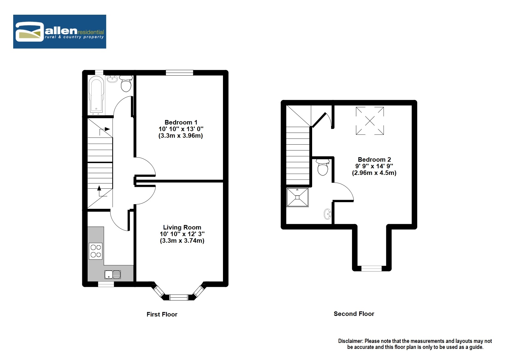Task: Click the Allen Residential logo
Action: coord(59,31)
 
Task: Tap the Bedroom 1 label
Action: coord(181,122)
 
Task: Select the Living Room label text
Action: coord(182,227)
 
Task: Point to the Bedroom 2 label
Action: coord(374,160)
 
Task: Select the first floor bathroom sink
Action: coord(112,79)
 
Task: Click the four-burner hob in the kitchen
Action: coord(95,251)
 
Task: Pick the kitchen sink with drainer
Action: coord(113,274)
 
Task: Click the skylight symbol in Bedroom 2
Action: coord(370,121)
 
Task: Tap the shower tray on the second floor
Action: coord(297,197)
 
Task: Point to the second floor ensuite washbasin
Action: coord(327,214)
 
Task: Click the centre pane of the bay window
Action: coord(179,297)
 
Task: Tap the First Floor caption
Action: coord(162,314)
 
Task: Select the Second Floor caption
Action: coord(354,314)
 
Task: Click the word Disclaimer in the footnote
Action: coord(350,341)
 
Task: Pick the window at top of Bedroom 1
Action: coord(179,73)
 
